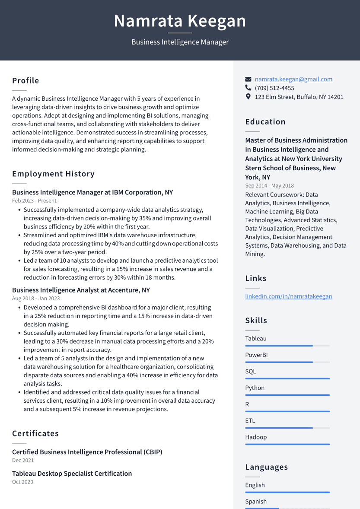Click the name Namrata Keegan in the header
point(180,21)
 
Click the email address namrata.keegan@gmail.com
point(293,79)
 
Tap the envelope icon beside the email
point(248,80)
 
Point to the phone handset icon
point(248,88)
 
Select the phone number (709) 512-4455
point(274,88)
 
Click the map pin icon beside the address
point(248,97)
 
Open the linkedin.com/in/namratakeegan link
point(288,296)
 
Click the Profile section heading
point(25,81)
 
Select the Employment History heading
point(53,174)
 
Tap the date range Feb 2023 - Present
point(34,201)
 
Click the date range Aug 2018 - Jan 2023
point(36,299)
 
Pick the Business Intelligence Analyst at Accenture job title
point(81,290)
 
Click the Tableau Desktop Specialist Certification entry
point(72,474)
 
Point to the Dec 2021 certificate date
point(23,461)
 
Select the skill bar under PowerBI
point(287,362)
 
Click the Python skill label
point(255,388)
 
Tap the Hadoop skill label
point(256,437)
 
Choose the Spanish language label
point(256,502)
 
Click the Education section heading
point(265,122)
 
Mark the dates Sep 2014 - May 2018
point(269,186)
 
